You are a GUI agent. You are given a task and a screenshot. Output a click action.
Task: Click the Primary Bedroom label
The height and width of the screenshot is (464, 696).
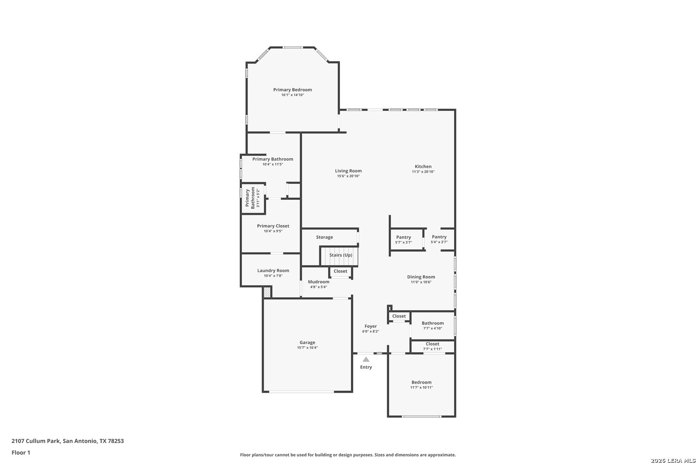tap(293, 90)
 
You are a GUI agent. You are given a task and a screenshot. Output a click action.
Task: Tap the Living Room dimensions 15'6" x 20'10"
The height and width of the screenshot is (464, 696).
tap(348, 176)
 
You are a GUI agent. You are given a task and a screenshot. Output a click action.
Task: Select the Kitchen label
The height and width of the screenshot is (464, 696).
tap(423, 167)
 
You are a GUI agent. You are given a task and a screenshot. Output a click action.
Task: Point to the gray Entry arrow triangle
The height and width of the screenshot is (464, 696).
tap(366, 359)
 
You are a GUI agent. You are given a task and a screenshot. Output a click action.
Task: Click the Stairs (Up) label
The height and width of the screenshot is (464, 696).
tap(341, 255)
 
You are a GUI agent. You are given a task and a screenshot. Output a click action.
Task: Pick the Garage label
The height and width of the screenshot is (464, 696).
tap(307, 342)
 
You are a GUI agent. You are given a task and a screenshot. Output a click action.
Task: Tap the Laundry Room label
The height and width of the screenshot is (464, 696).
tap(273, 271)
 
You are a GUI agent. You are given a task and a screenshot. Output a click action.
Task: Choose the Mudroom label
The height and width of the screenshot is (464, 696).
tap(319, 282)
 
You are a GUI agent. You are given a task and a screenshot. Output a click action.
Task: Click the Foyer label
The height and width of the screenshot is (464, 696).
tap(371, 327)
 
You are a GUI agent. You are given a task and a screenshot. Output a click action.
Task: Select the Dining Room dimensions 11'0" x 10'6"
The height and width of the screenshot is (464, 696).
tap(421, 282)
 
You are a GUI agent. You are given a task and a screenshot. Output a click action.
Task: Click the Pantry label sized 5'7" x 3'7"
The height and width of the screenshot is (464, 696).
tap(403, 238)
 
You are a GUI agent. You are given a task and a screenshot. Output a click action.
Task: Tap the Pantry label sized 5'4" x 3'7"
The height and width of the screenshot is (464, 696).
tap(439, 237)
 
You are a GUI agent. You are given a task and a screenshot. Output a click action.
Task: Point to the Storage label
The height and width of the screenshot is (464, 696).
tap(324, 238)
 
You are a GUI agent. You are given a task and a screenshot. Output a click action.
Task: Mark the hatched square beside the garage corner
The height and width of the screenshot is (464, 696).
tap(267, 292)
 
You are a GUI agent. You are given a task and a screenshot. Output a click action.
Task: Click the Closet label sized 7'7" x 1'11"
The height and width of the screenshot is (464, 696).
tap(433, 344)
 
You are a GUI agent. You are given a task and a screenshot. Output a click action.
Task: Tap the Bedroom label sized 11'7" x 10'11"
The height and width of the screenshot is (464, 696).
tap(421, 382)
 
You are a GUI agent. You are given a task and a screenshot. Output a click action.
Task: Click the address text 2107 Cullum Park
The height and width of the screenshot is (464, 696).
tap(36, 441)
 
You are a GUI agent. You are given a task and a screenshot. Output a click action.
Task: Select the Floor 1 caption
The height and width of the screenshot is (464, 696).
tap(21, 453)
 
